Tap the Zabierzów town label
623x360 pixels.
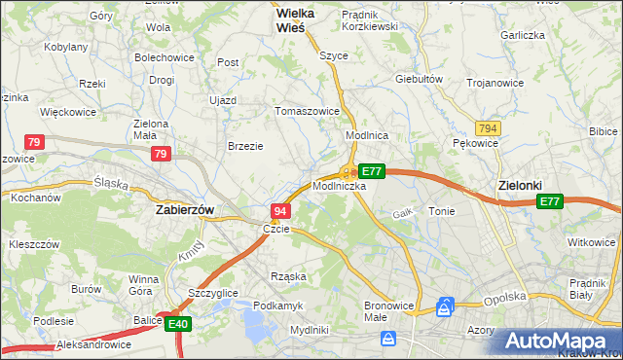pos(185,209)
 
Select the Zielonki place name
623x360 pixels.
pos(519,184)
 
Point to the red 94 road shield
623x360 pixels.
pos(280,210)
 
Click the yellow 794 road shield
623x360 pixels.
pos(488,127)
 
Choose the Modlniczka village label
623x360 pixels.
pos(339,185)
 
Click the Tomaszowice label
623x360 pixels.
pos(308,111)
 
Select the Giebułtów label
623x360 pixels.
pos(420,79)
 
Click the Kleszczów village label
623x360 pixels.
pos(35,244)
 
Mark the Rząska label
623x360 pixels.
pos(287,276)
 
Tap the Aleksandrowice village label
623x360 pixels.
pos(66,345)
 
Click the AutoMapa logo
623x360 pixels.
pos(559,340)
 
